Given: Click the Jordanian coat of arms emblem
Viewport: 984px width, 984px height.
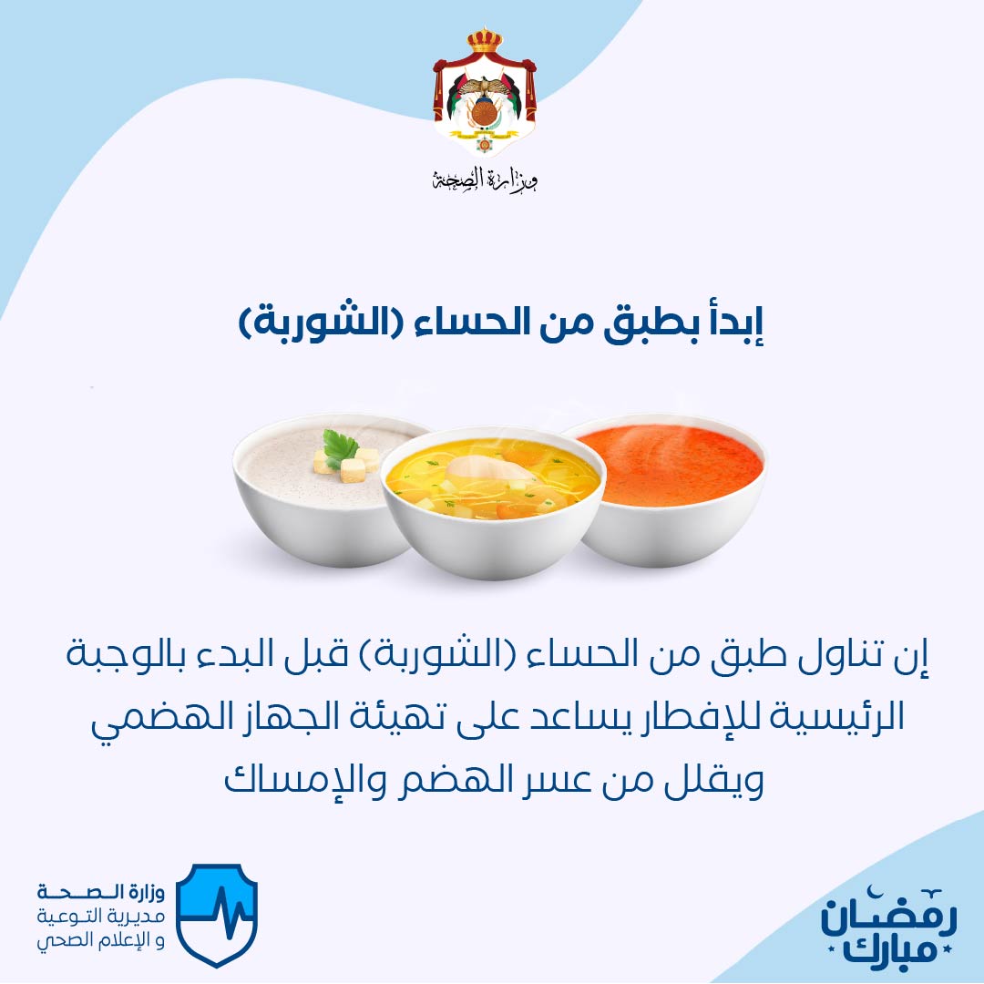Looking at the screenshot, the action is [x=485, y=92].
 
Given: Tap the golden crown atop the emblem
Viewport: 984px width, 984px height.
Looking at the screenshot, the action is [x=485, y=40].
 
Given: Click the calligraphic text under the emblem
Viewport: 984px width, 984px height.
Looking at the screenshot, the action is [x=485, y=180].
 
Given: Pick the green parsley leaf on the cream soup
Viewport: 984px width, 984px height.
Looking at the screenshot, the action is [x=340, y=447].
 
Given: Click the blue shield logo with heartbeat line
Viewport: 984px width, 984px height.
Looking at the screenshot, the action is [x=217, y=915].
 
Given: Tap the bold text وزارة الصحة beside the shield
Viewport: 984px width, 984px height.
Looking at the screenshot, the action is [x=101, y=892].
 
